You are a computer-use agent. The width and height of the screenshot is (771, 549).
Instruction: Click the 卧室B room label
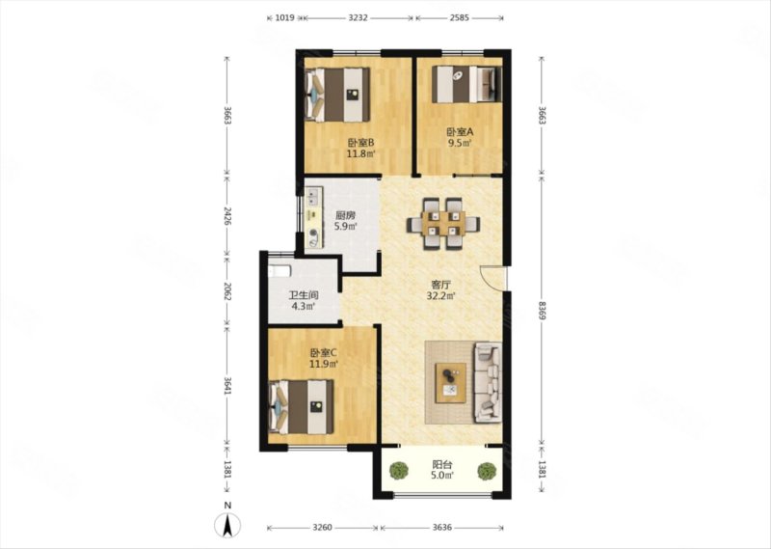[x=361, y=143]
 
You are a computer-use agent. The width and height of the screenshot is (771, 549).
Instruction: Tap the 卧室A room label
[x=460, y=132]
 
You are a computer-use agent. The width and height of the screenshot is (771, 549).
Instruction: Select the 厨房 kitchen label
[x=345, y=216]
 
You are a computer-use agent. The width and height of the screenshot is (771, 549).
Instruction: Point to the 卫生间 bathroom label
[x=303, y=295]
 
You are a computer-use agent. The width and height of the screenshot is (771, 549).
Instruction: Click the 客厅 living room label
[x=441, y=285]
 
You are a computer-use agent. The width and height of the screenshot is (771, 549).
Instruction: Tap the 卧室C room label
[x=323, y=353]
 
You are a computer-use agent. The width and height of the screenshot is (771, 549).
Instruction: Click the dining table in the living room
[x=444, y=224]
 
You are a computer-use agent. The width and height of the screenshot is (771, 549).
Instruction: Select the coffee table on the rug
[x=451, y=383]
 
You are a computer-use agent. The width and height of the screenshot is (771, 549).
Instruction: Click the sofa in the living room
[x=488, y=383]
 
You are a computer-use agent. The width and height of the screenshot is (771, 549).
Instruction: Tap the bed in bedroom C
[x=302, y=407]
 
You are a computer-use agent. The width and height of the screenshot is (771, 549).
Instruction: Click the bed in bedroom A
[x=466, y=84]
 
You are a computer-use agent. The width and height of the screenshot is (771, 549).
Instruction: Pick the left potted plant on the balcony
[x=398, y=471]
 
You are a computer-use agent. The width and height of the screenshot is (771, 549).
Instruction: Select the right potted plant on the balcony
[x=487, y=471]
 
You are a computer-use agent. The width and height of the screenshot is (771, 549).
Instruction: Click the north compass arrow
[x=227, y=525]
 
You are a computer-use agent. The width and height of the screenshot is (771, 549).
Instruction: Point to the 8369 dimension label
[x=542, y=311]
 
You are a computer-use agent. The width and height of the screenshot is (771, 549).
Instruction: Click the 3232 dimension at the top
[x=358, y=18]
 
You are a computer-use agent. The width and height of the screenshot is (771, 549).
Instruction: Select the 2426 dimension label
[x=226, y=216]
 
